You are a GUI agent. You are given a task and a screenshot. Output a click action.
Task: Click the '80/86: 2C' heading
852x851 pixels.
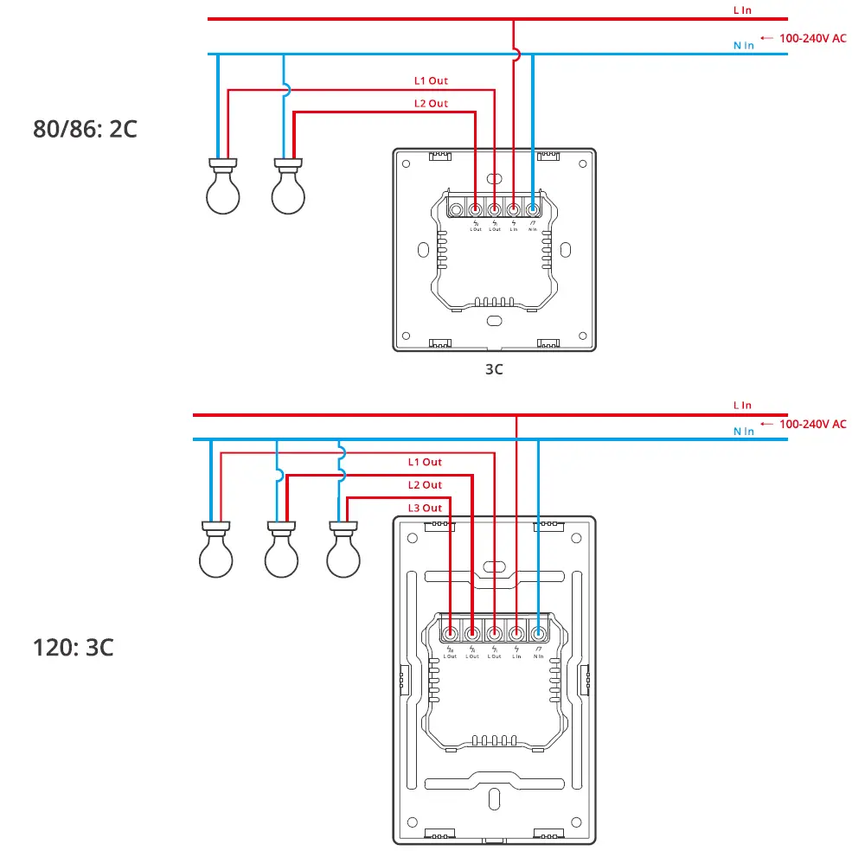coord(85,129)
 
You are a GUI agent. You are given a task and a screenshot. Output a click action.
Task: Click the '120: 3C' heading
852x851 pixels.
coord(73,648)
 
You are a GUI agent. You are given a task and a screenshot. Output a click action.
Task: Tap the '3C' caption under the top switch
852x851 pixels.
coord(494,369)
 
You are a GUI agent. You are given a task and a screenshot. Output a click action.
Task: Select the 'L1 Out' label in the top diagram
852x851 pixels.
coord(430,80)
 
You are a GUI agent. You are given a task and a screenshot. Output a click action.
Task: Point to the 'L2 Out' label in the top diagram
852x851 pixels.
coord(430,104)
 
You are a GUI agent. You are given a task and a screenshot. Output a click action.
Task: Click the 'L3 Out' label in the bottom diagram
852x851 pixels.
coord(425,508)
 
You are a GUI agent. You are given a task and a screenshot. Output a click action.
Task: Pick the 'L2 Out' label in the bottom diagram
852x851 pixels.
coord(425,485)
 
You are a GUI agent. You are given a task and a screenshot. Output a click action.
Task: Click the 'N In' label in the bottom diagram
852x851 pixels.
coord(743,431)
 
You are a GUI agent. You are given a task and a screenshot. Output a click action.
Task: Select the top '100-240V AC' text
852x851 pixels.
coord(812,38)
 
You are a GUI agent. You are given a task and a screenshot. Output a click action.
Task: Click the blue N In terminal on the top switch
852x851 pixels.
coord(532,208)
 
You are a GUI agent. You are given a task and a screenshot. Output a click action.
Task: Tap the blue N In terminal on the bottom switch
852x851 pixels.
coord(538,632)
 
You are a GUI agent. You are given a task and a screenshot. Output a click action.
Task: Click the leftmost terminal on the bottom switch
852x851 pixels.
coord(450,632)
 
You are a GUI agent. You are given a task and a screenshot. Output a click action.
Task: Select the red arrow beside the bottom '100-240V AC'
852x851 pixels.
coord(766,425)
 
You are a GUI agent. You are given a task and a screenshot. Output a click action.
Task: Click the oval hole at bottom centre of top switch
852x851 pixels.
coord(494,320)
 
